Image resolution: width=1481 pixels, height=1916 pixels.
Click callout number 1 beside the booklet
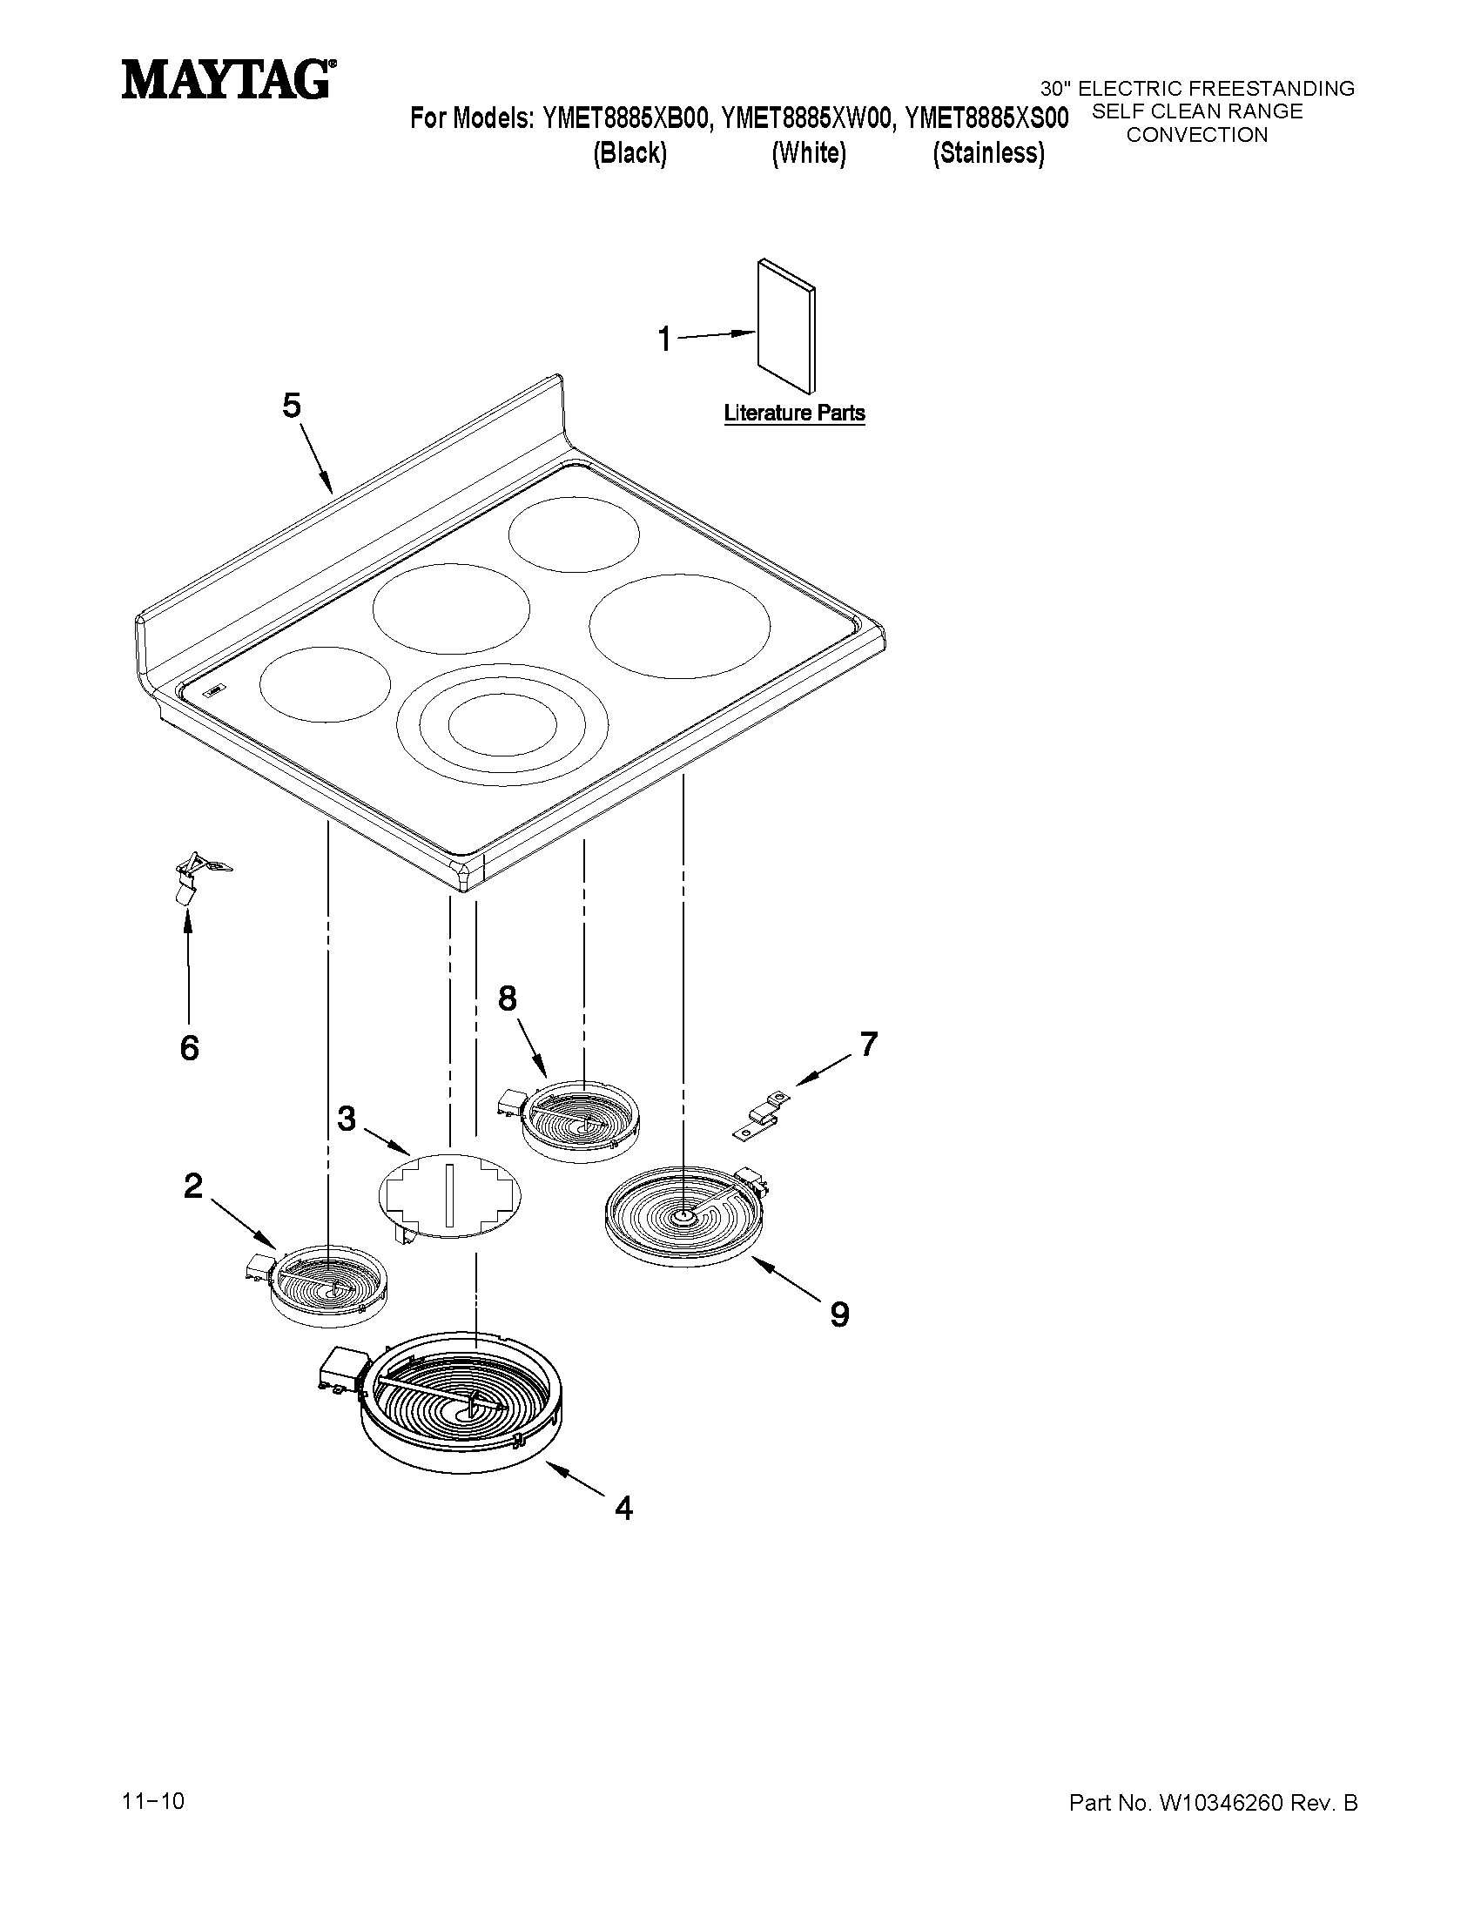point(664,339)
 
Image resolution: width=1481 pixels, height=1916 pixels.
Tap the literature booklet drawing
point(786,326)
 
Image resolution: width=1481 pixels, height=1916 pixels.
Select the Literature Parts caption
point(794,413)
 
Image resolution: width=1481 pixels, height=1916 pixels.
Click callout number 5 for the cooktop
point(292,407)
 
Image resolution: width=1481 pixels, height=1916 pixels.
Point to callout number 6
point(190,1048)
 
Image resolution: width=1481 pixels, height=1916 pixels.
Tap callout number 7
point(869,1044)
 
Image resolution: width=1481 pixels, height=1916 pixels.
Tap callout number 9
point(839,1314)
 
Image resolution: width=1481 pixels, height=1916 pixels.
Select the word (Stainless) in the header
point(989,153)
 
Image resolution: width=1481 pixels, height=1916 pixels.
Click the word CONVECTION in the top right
point(1197,135)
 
